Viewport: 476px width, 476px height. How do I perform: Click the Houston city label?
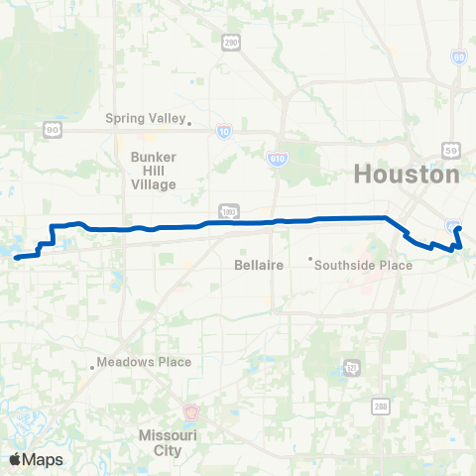[x=407, y=175]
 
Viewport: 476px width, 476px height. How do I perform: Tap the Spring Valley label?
[x=146, y=119]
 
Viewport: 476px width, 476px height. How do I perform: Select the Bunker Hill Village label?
[x=153, y=171]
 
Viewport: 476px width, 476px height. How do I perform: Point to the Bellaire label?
[x=259, y=266]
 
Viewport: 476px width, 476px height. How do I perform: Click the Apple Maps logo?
[x=35, y=459]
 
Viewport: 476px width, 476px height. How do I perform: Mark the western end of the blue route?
[x=16, y=258]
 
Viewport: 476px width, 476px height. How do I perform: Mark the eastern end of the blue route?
[x=458, y=229]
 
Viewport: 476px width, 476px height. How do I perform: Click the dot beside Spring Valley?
[x=189, y=124]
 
